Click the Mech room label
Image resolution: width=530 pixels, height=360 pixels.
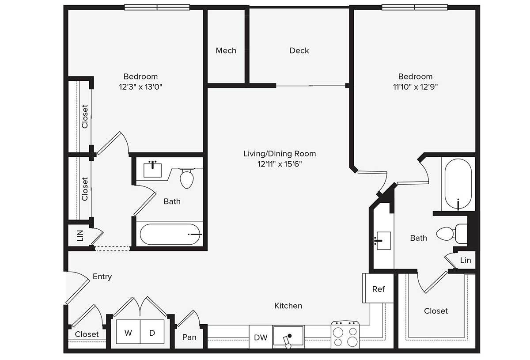click(x=226, y=51)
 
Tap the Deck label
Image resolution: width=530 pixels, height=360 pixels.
click(x=299, y=51)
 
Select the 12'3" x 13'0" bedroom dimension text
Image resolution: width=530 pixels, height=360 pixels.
click(x=140, y=87)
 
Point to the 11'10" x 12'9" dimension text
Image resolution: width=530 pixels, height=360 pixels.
click(x=415, y=87)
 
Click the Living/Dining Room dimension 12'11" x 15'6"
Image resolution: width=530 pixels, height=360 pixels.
click(x=279, y=164)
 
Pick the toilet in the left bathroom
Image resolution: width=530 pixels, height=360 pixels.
click(x=187, y=178)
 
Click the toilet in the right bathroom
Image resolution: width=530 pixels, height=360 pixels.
click(x=450, y=233)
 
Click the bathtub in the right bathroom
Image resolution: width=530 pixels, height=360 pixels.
click(x=458, y=185)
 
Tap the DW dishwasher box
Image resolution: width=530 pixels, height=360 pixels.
click(x=261, y=338)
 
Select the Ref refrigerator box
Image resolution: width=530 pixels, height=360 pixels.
click(x=378, y=289)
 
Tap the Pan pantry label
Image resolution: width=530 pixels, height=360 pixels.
click(x=189, y=337)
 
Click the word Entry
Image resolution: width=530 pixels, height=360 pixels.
click(x=102, y=277)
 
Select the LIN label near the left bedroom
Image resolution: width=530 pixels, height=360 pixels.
click(x=80, y=236)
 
